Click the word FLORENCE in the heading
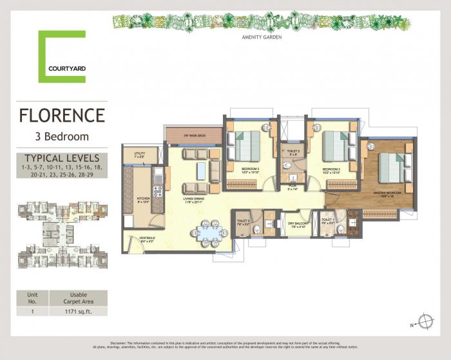click(62, 116)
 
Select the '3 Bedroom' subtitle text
click(62, 136)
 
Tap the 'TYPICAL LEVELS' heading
click(62, 157)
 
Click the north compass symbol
click(425, 320)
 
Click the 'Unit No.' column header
click(32, 297)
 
